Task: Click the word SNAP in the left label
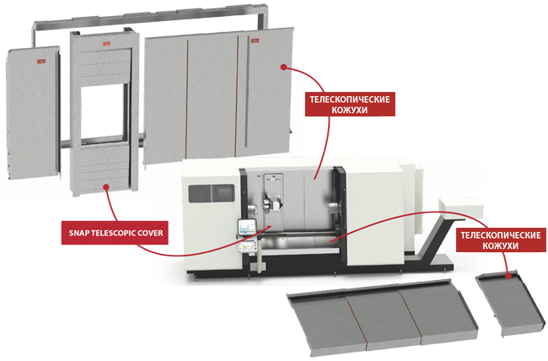[80, 228]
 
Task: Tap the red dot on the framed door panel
[105, 186]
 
